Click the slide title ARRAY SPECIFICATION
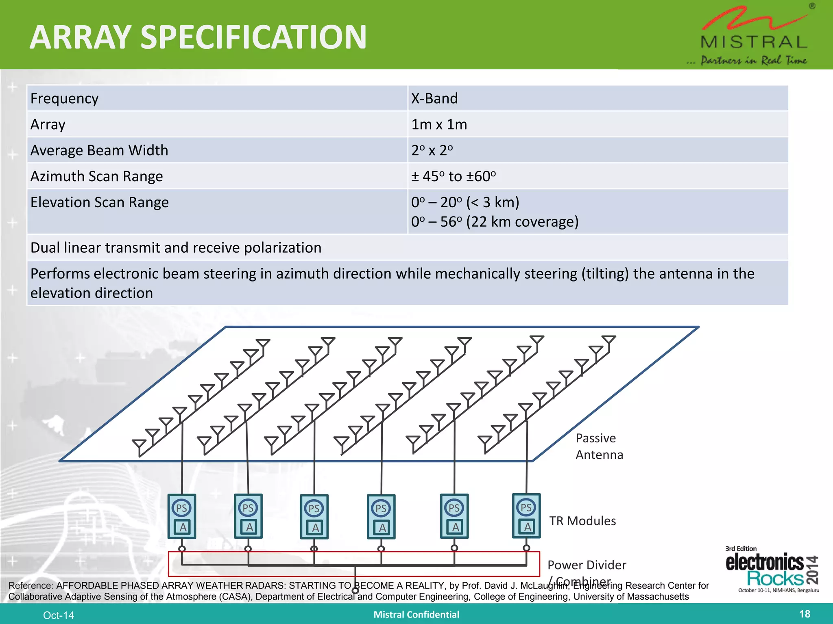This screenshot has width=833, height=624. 198,37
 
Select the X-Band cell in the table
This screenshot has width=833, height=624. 434,99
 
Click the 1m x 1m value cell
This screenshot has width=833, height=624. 439,125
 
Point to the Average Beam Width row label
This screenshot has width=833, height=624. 99,151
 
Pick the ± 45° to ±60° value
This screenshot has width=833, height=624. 453,177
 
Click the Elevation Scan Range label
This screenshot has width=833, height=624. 100,202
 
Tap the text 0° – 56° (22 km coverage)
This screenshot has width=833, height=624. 495,222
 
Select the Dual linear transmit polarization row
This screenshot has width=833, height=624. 176,248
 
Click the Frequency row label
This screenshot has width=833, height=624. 64,99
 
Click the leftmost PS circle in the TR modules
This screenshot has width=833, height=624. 181,508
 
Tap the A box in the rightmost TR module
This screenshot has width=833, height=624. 527,527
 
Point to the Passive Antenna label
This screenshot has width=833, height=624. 599,446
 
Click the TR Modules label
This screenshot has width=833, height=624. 582,521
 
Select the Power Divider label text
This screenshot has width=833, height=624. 587,565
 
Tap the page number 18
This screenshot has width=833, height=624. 804,614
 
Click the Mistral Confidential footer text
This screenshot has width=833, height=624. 416,615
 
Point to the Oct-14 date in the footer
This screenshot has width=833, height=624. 59,615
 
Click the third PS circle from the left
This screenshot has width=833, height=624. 314,508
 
